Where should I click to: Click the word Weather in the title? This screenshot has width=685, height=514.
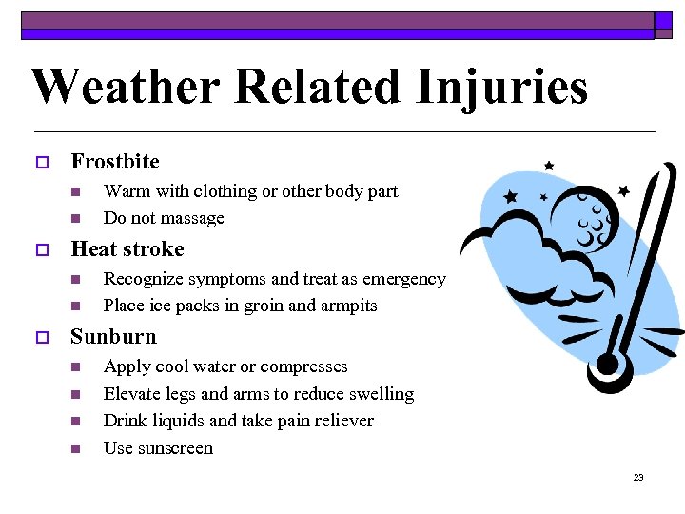point(126,87)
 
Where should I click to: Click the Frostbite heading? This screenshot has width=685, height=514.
point(115,162)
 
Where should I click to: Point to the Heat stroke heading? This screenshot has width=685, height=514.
point(127,249)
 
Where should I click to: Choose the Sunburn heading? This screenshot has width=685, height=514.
point(113,337)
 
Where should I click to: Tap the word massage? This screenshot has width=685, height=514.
point(193,218)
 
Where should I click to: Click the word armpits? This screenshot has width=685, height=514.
point(347,306)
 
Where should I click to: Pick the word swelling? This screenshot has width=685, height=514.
point(381,394)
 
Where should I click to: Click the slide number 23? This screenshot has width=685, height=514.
point(638,477)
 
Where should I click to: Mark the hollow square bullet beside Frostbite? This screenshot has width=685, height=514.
point(41,163)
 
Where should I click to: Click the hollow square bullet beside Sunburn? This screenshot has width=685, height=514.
point(41,338)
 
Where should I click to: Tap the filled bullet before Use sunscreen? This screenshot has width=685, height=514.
point(78,448)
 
